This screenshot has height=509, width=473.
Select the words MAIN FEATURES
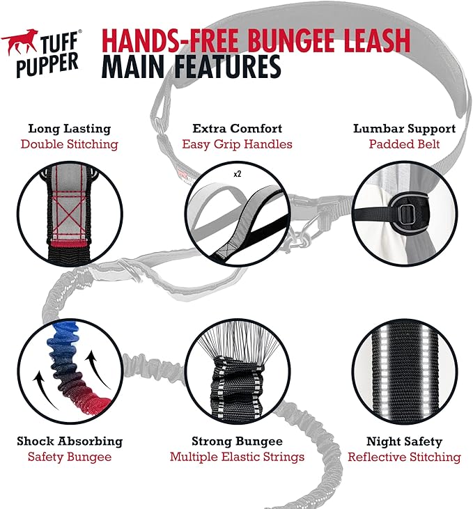[192, 68]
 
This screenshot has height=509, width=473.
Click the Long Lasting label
[69, 129]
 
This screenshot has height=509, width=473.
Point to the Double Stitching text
[69, 144]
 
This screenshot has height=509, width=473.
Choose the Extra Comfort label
[237, 129]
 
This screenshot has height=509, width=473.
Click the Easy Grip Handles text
[237, 144]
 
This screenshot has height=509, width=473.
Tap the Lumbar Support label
[404, 129]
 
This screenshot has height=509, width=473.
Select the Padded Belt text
[404, 144]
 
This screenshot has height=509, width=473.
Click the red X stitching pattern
[70, 209]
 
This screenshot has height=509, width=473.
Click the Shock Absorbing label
[69, 441]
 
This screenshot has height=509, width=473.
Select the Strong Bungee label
[237, 441]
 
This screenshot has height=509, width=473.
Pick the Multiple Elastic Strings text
[237, 457]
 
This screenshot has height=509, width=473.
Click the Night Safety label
[404, 441]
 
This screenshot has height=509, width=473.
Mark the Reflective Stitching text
[404, 457]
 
